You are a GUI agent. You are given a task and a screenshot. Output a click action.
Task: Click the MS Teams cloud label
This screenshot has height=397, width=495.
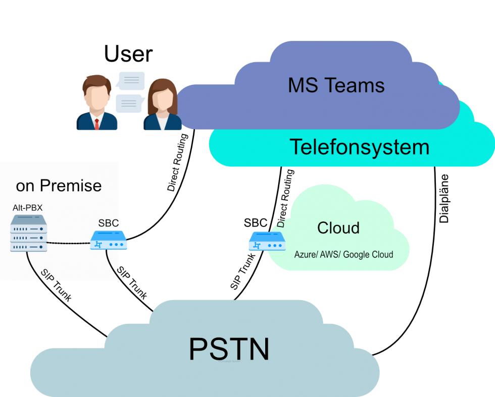(336, 85)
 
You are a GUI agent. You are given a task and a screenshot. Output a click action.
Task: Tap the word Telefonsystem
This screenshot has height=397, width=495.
(359, 147)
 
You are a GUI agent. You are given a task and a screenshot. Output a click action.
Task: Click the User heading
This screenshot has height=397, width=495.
(128, 53)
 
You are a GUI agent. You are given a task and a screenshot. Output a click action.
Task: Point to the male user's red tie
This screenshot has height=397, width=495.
(96, 123)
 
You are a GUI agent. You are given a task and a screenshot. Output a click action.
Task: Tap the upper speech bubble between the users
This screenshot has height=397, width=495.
(131, 81)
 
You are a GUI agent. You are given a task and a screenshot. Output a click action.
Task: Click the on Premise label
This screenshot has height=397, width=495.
(59, 186)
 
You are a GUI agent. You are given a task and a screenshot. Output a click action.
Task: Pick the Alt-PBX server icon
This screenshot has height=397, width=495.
(29, 233)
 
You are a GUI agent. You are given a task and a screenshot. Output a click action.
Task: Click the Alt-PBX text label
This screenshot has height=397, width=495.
(28, 208)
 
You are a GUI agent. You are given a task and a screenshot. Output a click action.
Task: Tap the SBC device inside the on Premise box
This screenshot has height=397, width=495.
(109, 241)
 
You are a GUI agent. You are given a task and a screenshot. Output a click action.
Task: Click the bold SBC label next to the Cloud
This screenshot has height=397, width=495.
(256, 223)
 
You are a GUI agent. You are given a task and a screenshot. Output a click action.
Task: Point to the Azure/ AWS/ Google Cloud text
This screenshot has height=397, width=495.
(343, 254)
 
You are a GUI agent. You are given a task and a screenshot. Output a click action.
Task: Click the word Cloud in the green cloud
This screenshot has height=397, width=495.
(338, 228)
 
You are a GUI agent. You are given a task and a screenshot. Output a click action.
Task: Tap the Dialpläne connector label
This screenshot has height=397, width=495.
(444, 198)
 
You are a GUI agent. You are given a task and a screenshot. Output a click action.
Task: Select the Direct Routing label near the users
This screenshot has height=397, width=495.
(178, 162)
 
